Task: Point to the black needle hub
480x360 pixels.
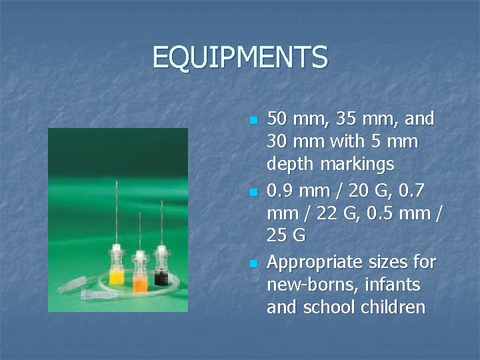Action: click(x=161, y=275)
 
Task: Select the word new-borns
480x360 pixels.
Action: click(x=308, y=285)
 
